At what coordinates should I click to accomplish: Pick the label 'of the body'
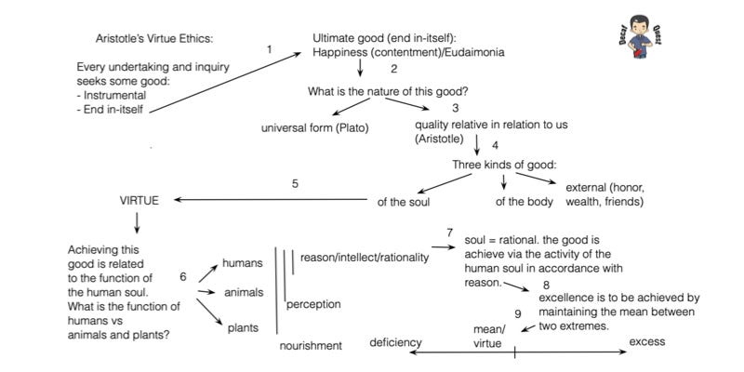pyautogui.click(x=525, y=201)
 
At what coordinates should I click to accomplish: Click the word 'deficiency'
pyautogui.click(x=395, y=343)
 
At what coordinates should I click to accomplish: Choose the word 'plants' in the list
pyautogui.click(x=243, y=327)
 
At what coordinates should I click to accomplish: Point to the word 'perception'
pyautogui.click(x=312, y=304)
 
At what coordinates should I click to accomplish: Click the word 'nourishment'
pyautogui.click(x=311, y=346)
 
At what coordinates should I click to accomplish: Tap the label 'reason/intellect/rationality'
pyautogui.click(x=365, y=258)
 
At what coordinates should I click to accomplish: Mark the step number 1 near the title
pyautogui.click(x=270, y=50)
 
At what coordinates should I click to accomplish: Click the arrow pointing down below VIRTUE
pyautogui.click(x=137, y=222)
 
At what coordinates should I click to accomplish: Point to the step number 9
pyautogui.click(x=517, y=313)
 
